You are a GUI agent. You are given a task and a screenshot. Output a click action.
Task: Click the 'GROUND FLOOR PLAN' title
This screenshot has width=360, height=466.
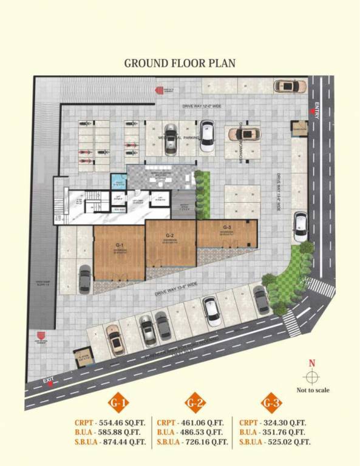(180, 62)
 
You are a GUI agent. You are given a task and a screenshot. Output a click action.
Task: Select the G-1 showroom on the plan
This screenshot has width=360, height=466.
(119, 252)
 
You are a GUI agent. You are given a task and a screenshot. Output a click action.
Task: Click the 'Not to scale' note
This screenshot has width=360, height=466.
(313, 390)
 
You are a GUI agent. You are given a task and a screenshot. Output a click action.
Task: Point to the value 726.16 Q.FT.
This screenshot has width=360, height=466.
(205, 442)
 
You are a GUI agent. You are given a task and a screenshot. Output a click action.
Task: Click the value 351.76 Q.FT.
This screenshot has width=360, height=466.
(287, 432)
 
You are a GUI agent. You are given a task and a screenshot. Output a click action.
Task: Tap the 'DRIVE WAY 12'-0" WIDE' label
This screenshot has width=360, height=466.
(203, 106)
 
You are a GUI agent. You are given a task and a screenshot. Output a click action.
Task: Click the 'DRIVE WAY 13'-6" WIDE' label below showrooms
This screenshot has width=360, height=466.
(177, 289)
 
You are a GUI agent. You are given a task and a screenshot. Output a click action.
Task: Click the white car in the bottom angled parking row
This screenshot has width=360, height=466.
(212, 310)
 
